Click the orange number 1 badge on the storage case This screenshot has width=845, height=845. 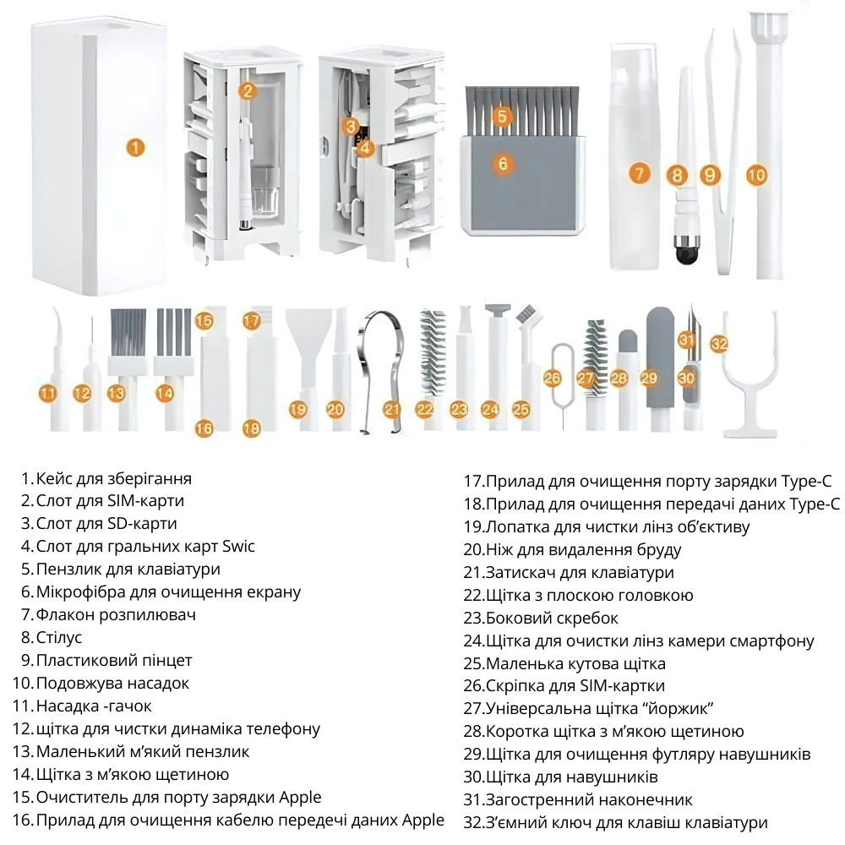point(136,147)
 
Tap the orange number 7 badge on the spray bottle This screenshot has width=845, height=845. point(639,173)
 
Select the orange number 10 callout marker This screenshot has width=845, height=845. point(756,175)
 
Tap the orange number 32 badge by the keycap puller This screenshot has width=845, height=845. point(719,343)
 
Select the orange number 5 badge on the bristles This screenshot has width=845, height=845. point(502,115)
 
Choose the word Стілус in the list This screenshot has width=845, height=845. point(59,637)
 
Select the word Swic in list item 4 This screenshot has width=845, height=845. point(239,547)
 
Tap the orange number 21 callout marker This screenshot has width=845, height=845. point(392,410)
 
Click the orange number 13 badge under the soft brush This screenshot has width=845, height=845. point(116,394)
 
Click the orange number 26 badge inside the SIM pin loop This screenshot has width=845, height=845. point(553,379)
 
